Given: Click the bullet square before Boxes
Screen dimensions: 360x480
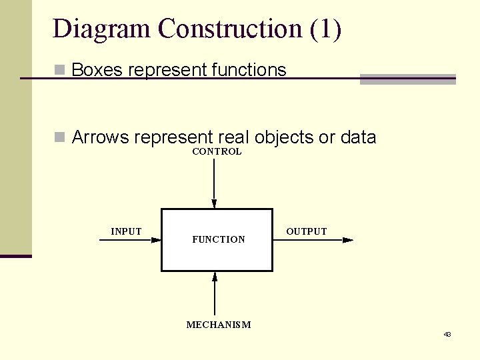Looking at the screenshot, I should pos(59,69).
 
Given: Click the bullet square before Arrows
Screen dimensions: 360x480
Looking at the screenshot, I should pos(59,137).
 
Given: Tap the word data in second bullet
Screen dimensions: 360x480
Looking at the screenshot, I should pos(358,137).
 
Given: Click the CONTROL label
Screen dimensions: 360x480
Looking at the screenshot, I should pos(217,151).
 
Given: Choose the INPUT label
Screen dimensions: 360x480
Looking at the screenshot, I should pos(126,231).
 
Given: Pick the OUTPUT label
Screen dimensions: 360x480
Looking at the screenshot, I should pos(307,231).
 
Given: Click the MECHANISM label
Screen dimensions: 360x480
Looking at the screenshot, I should pos(219,325).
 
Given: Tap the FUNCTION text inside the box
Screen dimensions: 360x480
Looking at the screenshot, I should pos(219,239).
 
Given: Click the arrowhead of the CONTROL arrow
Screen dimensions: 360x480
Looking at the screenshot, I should pos(214,204).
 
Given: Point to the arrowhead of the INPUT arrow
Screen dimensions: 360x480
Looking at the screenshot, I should pos(156,240).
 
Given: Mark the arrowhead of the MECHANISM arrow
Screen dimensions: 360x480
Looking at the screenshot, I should pos(215,277).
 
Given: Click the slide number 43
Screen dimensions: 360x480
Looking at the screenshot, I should pos(447,334).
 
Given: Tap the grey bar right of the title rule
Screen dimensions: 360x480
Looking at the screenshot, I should pos(407,79).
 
